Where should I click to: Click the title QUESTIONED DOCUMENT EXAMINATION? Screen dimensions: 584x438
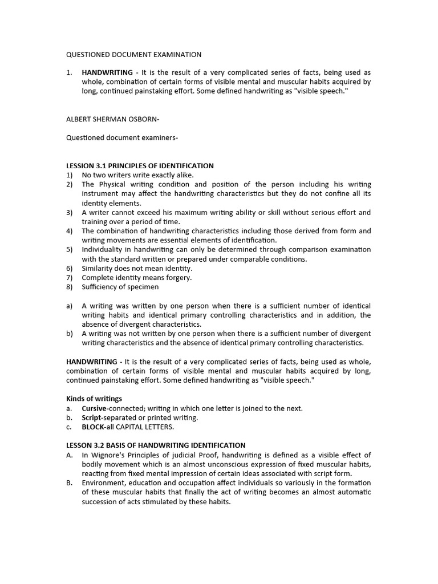(134, 55)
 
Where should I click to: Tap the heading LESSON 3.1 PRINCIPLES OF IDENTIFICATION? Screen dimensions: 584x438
(140, 165)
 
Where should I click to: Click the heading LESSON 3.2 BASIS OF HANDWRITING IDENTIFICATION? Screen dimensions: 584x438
(156, 445)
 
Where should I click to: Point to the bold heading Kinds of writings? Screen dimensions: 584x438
(94, 399)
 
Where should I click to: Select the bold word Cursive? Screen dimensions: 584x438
(94, 408)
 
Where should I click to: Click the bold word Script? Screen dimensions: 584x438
(92, 417)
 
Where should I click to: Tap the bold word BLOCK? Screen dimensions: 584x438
(94, 427)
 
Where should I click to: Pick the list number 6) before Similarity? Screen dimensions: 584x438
(69, 269)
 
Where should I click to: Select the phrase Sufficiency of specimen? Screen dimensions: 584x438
(120, 287)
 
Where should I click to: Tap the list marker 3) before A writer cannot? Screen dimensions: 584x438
(69, 213)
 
